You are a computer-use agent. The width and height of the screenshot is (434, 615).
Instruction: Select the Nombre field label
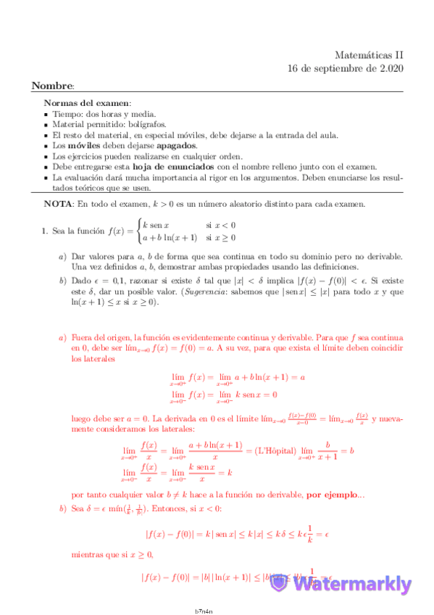[x=53, y=86]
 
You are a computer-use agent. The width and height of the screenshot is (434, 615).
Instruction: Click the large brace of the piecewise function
[x=137, y=231]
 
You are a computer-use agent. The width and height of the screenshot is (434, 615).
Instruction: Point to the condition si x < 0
[x=220, y=225]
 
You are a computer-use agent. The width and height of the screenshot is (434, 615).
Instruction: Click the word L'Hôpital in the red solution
[x=272, y=451]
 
